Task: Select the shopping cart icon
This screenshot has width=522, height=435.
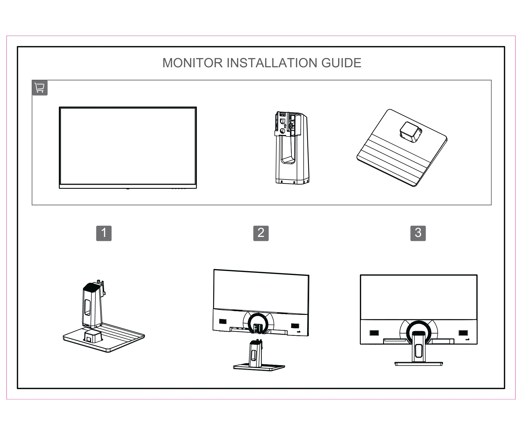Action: [x=39, y=88]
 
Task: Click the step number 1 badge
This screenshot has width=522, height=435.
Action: [x=104, y=233]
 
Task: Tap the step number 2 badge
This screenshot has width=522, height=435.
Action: [x=261, y=233]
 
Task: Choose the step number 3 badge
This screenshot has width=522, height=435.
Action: [x=418, y=233]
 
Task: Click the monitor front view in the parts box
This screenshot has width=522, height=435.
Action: [x=128, y=146]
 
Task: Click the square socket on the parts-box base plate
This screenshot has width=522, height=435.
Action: [x=410, y=132]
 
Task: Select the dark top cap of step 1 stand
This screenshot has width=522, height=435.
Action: [x=92, y=287]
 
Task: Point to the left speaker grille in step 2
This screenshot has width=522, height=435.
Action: [x=222, y=322]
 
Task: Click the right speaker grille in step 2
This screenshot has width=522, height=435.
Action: [x=295, y=326]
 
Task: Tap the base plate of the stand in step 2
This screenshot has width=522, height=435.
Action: [x=259, y=367]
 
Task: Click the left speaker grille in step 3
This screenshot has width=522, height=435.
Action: [x=374, y=333]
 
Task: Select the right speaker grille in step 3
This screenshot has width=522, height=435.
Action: [x=463, y=333]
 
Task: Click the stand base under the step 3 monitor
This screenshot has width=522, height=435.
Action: [x=418, y=363]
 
